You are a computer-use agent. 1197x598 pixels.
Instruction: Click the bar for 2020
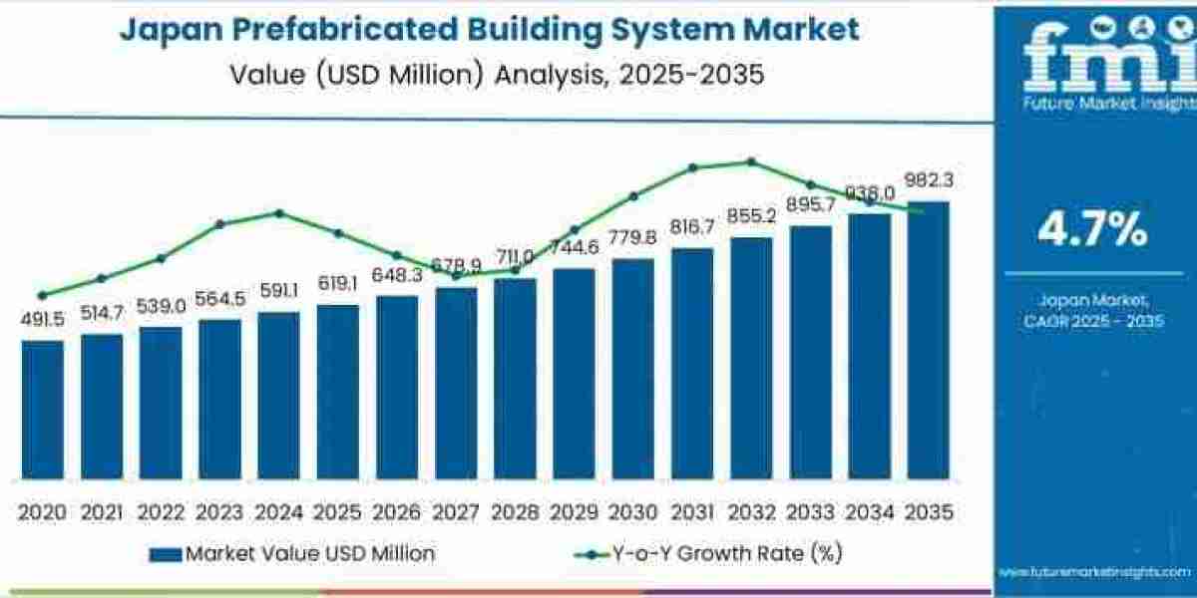[x=42, y=409]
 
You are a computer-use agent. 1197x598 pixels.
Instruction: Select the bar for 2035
[x=928, y=339]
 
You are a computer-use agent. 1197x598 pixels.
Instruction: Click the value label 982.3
[x=929, y=180]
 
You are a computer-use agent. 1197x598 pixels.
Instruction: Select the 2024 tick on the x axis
[x=278, y=512]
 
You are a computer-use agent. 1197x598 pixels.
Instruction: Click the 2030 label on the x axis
[x=632, y=512]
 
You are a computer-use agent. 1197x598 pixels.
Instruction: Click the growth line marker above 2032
[x=751, y=161]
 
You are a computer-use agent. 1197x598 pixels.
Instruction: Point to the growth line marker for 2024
[x=278, y=213]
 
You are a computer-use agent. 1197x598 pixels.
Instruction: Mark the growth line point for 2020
[x=42, y=295]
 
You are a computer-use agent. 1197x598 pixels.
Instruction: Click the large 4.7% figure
[x=1092, y=230]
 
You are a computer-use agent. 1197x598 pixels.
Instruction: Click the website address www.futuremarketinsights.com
[x=1095, y=572]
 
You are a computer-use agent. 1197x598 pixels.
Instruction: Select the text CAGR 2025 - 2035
[x=1093, y=321]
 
